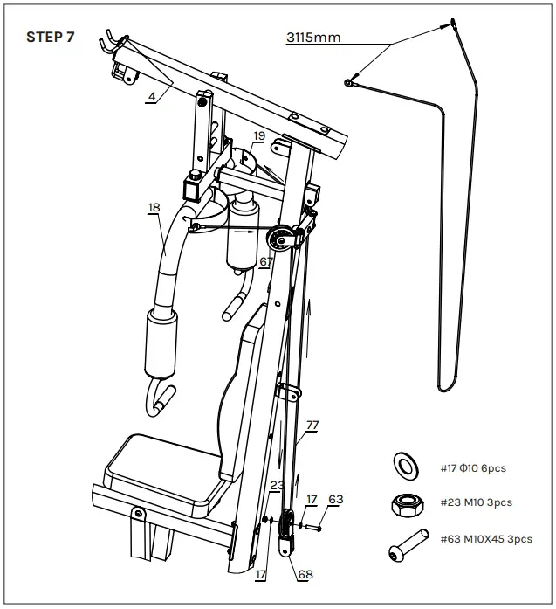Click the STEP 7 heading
pyautogui.click(x=51, y=37)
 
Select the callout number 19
pyautogui.click(x=259, y=135)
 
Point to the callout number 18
pyautogui.click(x=154, y=207)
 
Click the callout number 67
pyautogui.click(x=266, y=260)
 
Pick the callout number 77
pyautogui.click(x=312, y=425)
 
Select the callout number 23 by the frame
pyautogui.click(x=277, y=485)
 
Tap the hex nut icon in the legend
pyautogui.click(x=406, y=502)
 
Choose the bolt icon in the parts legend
pyautogui.click(x=407, y=544)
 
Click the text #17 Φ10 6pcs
pyautogui.click(x=473, y=468)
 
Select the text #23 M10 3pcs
pyautogui.click(x=476, y=502)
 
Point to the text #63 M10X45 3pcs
pyautogui.click(x=485, y=539)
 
